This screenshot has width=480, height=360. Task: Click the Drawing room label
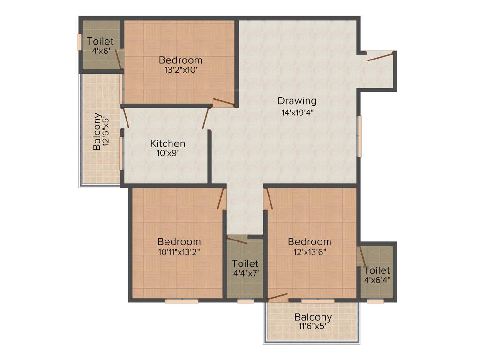click(x=297, y=100)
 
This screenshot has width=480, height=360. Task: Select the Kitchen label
click(x=167, y=143)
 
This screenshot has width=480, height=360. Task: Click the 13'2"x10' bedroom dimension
click(x=180, y=70)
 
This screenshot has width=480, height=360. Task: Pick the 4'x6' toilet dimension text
click(x=100, y=51)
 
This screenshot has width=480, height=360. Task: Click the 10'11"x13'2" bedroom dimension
click(x=179, y=252)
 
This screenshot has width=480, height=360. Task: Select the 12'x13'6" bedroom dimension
click(x=309, y=252)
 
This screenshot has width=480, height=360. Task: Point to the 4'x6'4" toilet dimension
click(x=377, y=280)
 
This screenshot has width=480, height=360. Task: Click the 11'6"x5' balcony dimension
click(x=313, y=327)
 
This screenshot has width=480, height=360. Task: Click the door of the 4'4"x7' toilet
click(x=237, y=240)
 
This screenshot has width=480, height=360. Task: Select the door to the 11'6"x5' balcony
click(x=278, y=297)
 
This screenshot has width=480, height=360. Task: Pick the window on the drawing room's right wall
click(x=360, y=136)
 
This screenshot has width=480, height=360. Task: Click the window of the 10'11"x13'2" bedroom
click(x=182, y=301)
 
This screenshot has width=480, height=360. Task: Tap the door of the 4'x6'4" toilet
click(x=361, y=256)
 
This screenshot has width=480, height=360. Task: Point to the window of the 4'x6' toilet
click(x=79, y=42)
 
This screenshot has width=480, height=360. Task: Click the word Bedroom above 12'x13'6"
click(x=309, y=242)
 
